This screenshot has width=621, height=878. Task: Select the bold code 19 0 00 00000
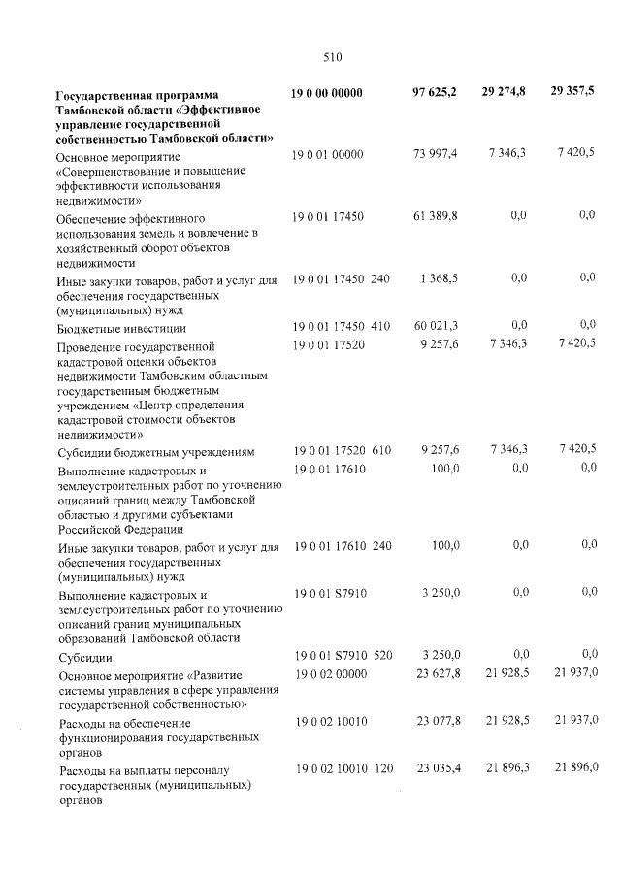327,93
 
